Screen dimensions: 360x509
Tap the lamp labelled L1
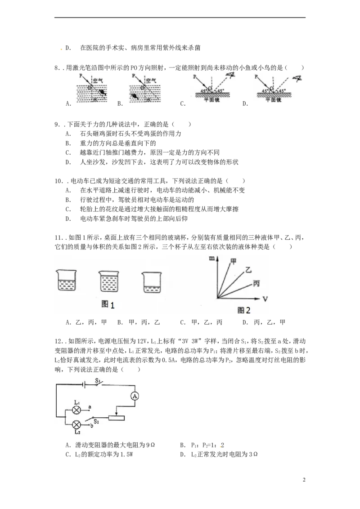(76, 410)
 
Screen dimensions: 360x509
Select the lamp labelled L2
(76, 424)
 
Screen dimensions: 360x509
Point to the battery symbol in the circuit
(85, 385)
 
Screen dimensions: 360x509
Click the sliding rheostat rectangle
(116, 418)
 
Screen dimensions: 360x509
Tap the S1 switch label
(98, 380)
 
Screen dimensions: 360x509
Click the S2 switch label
(96, 421)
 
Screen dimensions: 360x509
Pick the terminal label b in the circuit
(92, 425)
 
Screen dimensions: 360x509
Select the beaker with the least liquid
(152, 282)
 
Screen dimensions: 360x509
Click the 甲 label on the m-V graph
(233, 261)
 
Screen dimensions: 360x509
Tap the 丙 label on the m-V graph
(256, 283)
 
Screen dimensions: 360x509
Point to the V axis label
(265, 299)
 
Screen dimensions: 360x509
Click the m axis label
(212, 259)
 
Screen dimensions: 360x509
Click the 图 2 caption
(244, 310)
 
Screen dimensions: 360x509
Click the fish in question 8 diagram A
(103, 93)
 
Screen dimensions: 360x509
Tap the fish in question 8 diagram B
(134, 96)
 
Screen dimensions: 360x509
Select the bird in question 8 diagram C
(231, 76)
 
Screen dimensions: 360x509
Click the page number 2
(304, 480)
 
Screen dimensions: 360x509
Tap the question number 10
(58, 181)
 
